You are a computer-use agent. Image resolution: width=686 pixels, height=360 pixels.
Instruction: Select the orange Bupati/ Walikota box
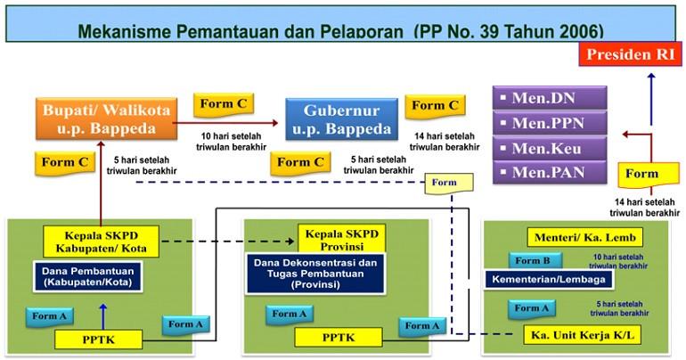coord(103,120)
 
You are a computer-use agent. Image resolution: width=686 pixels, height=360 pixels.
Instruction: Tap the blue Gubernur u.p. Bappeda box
coord(341,120)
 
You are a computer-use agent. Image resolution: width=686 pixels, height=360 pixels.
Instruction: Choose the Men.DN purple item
coord(550,98)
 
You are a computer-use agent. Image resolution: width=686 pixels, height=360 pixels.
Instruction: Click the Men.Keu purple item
coord(550,147)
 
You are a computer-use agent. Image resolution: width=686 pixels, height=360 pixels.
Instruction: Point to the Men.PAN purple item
coord(550,171)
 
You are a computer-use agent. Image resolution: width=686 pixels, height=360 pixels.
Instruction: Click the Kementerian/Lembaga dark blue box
coord(548,280)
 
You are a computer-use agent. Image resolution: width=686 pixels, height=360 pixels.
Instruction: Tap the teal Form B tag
coord(535,261)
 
